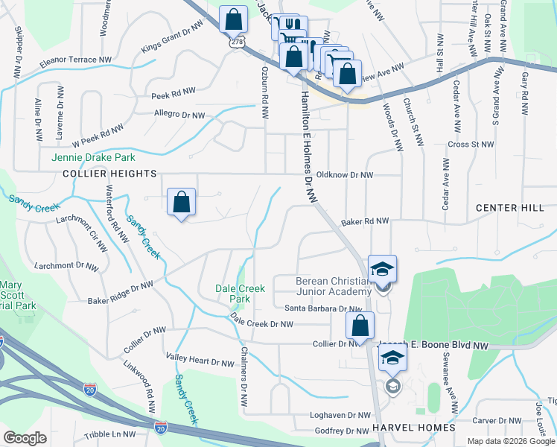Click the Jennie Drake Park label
93,158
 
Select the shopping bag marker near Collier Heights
182,202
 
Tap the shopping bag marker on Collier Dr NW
360,326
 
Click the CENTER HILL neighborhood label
510,208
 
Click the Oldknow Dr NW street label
344,175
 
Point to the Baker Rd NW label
365,221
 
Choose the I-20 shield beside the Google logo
161,427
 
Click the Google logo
25,438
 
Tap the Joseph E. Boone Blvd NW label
434,346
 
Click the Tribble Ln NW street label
110,434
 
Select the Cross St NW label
471,145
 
